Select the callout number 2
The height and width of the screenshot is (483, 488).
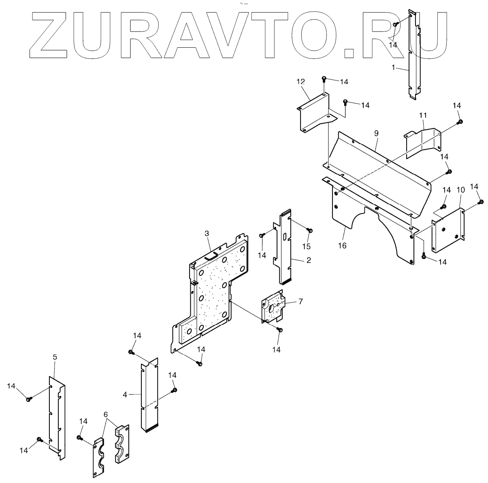[309, 261]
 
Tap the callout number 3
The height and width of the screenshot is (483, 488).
[207, 233]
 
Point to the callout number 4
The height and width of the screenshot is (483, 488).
[125, 394]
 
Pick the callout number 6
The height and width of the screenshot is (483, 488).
[106, 415]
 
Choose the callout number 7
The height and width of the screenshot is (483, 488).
[300, 301]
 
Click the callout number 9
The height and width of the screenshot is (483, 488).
[376, 133]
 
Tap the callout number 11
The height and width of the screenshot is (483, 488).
[423, 116]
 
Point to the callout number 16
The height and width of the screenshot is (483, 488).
[343, 246]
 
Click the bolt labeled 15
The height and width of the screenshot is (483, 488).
[310, 231]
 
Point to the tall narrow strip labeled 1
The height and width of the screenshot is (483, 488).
[413, 57]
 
